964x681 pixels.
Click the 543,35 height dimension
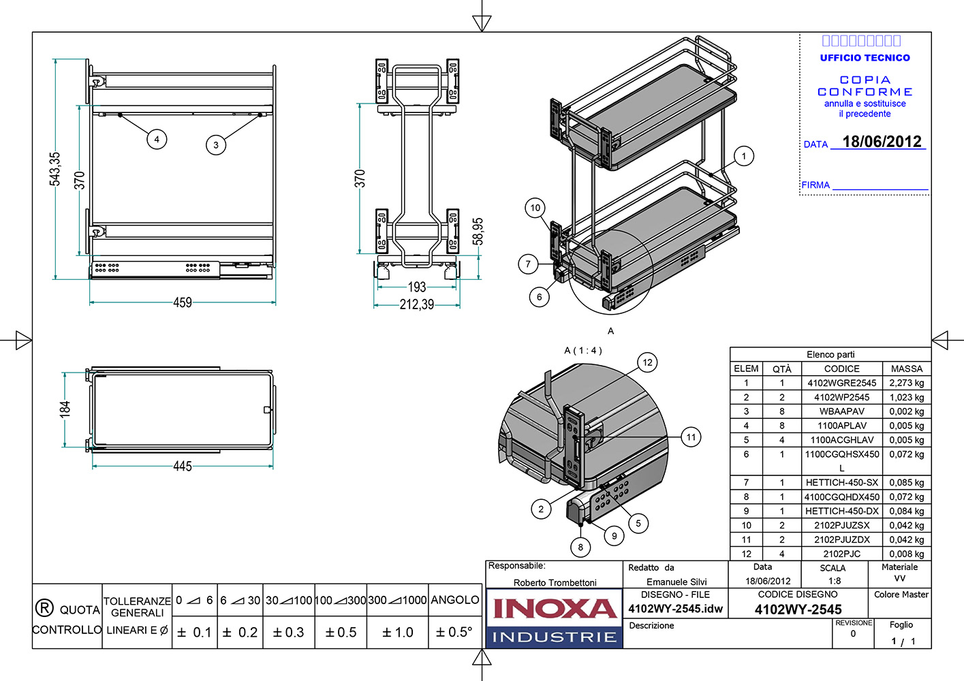(x=55, y=168)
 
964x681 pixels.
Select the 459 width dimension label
(x=183, y=302)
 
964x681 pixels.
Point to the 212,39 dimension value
(x=417, y=304)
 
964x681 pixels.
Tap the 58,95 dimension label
(x=478, y=232)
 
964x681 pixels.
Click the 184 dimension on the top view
(x=65, y=409)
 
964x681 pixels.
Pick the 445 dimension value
(x=183, y=466)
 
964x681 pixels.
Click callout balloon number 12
(x=647, y=362)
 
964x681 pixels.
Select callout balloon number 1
(x=744, y=156)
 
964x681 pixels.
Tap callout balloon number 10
(x=535, y=208)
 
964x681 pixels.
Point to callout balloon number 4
(x=157, y=139)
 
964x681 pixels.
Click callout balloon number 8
(x=580, y=546)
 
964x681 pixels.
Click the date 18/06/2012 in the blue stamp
(x=882, y=142)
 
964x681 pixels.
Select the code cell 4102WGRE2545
(x=841, y=383)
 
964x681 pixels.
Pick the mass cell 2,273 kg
(x=906, y=383)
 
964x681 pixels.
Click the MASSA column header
(x=906, y=368)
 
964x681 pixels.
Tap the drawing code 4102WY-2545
(x=798, y=609)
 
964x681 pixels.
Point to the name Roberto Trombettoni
(x=555, y=582)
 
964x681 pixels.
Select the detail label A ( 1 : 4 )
(x=583, y=350)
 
